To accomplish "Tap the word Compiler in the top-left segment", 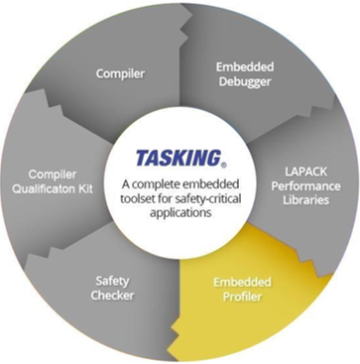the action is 121,72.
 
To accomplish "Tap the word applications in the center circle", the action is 179,211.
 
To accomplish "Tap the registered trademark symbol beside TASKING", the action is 222,165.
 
